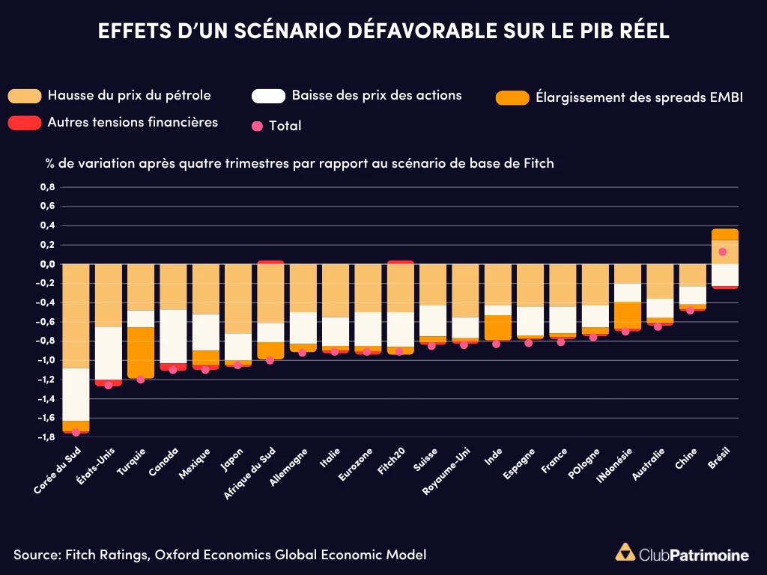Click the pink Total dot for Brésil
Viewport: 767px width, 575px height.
[723, 252]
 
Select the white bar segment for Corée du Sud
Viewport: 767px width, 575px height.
[76, 395]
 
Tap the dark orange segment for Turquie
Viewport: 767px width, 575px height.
[141, 353]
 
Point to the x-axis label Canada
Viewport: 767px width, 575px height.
[164, 462]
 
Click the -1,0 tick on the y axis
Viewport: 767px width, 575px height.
[46, 360]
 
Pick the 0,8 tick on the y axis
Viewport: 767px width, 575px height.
[47, 186]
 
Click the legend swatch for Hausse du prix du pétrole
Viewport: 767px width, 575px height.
[24, 96]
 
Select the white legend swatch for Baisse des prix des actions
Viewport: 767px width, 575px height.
[268, 96]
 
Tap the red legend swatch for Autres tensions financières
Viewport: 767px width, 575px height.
[24, 123]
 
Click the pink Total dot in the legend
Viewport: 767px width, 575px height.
[258, 126]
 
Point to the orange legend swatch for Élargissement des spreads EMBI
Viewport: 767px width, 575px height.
[512, 97]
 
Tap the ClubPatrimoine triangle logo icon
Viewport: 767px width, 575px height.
[623, 553]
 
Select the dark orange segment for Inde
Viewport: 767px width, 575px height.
[497, 327]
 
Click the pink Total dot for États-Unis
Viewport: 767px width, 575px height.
[109, 385]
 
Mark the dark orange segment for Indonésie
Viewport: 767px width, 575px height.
[626, 314]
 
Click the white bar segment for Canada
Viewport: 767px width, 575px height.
[173, 336]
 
